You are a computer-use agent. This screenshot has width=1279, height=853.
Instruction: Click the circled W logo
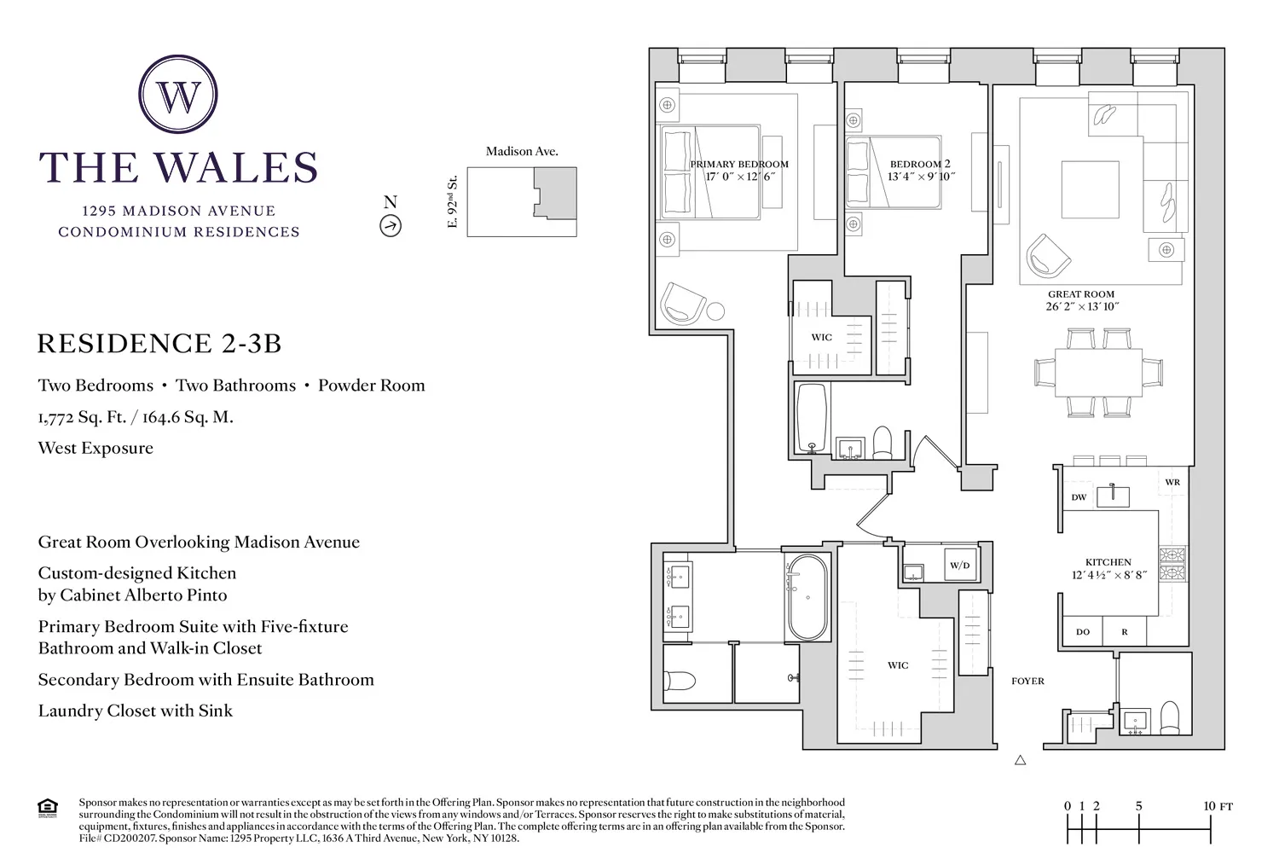[178, 96]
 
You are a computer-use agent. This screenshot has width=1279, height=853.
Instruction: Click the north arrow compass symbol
[391, 225]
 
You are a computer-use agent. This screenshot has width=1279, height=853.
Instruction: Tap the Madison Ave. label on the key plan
[522, 151]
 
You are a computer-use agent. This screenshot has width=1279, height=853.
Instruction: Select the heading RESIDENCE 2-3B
[159, 344]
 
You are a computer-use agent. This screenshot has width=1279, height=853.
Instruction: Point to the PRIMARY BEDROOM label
[738, 165]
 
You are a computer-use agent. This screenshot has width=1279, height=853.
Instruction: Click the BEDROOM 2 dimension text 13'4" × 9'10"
[921, 177]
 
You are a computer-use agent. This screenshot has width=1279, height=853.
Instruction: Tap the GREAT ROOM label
[1081, 294]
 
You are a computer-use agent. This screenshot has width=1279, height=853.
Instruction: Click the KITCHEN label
[1108, 562]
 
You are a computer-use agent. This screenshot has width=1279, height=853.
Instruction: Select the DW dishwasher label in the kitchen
[1079, 497]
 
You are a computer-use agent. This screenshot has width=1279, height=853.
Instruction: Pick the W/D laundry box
[960, 566]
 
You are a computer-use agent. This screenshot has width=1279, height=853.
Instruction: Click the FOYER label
[1027, 681]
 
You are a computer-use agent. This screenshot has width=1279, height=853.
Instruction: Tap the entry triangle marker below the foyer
[1020, 760]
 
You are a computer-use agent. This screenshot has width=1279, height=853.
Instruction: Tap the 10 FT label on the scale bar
[1218, 806]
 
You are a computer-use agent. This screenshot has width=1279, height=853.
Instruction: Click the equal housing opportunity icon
[49, 807]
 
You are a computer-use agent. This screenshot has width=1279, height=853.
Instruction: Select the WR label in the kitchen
[1172, 483]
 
